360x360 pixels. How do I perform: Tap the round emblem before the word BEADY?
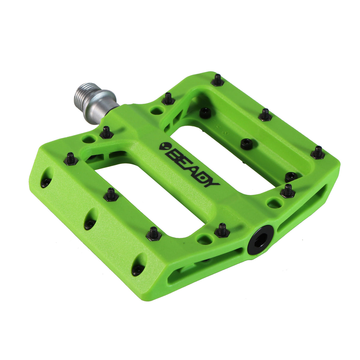tap(163, 146)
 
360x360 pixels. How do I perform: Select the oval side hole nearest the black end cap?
tap(138, 265)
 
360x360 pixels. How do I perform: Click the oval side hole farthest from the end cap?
tap(46, 179)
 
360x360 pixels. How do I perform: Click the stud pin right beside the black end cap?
tap(222, 230)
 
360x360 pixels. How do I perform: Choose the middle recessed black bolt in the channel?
tap(246, 144)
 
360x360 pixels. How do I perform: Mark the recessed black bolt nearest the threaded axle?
tap(205, 113)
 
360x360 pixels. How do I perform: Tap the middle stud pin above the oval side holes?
tap(111, 194)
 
